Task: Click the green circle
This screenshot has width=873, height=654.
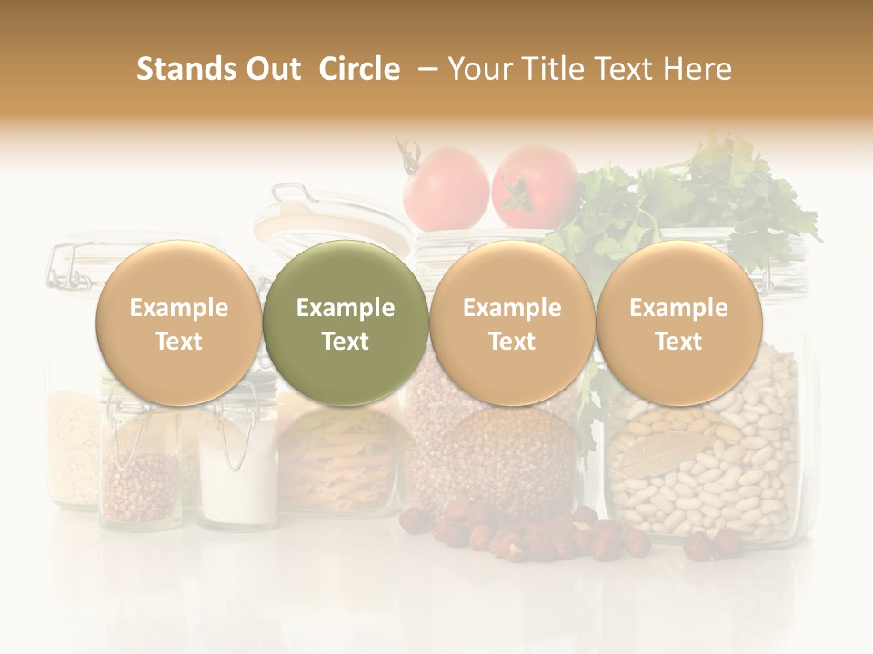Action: (345, 323)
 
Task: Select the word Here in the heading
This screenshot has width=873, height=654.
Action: (697, 69)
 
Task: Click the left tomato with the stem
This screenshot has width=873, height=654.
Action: (446, 188)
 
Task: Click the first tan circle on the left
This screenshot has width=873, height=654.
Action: (178, 323)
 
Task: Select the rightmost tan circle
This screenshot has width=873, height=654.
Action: (678, 323)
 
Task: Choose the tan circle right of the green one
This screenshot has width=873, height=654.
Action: (512, 323)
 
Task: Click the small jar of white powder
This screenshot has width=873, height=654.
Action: (237, 477)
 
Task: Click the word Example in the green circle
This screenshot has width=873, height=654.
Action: (345, 308)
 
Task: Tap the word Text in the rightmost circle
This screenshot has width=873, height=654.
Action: (678, 342)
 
